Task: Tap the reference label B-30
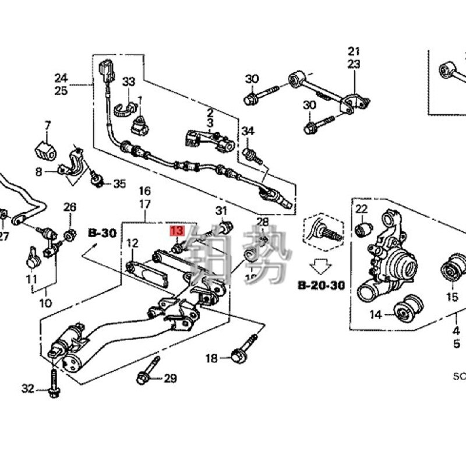102,232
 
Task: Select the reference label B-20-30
321,285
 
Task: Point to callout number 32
28,388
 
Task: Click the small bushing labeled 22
364,228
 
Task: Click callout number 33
128,82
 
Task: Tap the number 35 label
119,184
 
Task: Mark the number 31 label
221,210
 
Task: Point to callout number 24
61,77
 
